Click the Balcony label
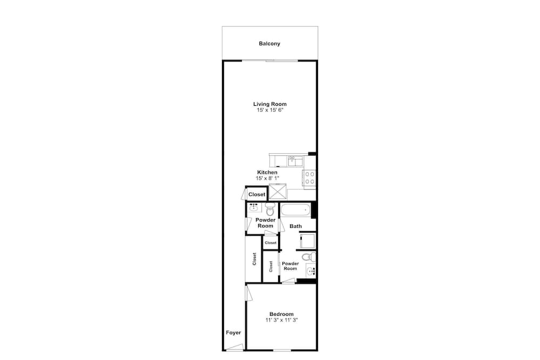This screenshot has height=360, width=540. point(269,44)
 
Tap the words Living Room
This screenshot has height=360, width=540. point(269,104)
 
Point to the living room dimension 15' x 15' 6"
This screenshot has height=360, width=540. point(269,110)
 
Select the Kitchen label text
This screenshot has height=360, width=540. point(267,172)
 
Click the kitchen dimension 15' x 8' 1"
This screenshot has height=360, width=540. point(267,178)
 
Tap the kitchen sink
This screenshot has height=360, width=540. point(295,161)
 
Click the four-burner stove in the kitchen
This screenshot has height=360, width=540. point(309,178)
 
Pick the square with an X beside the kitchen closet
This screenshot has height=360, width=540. point(277,192)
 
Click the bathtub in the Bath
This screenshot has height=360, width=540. point(295,209)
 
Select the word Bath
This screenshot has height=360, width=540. point(295,226)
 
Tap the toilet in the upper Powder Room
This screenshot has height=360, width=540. point(269,209)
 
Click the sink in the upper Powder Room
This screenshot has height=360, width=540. point(254,207)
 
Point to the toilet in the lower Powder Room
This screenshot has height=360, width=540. point(308,257)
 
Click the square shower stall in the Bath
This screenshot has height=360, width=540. point(307,241)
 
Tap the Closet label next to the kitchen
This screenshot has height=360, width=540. point(257,194)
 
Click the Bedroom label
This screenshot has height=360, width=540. point(281,314)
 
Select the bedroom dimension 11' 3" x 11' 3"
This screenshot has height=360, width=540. point(281,320)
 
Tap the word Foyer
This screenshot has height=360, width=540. point(233,332)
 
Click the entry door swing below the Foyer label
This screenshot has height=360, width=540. point(235,347)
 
